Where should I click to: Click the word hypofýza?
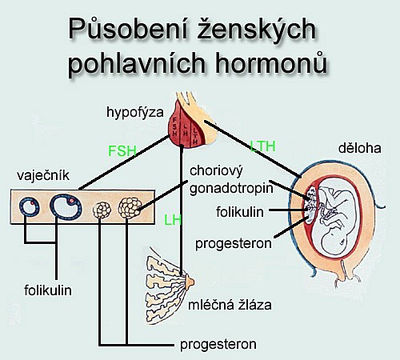click(135, 113)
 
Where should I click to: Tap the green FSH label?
click(122, 151)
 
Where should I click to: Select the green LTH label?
click(262, 146)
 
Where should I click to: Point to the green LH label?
click(173, 220)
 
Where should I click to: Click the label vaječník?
click(43, 175)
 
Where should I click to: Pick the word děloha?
click(360, 148)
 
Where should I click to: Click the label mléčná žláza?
click(230, 305)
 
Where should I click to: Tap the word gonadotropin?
click(231, 189)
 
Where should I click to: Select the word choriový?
click(216, 171)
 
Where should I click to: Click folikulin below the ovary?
click(48, 290)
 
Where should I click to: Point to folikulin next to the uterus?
click(240, 212)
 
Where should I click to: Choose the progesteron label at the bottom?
click(218, 345)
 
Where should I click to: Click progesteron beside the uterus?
click(234, 244)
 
